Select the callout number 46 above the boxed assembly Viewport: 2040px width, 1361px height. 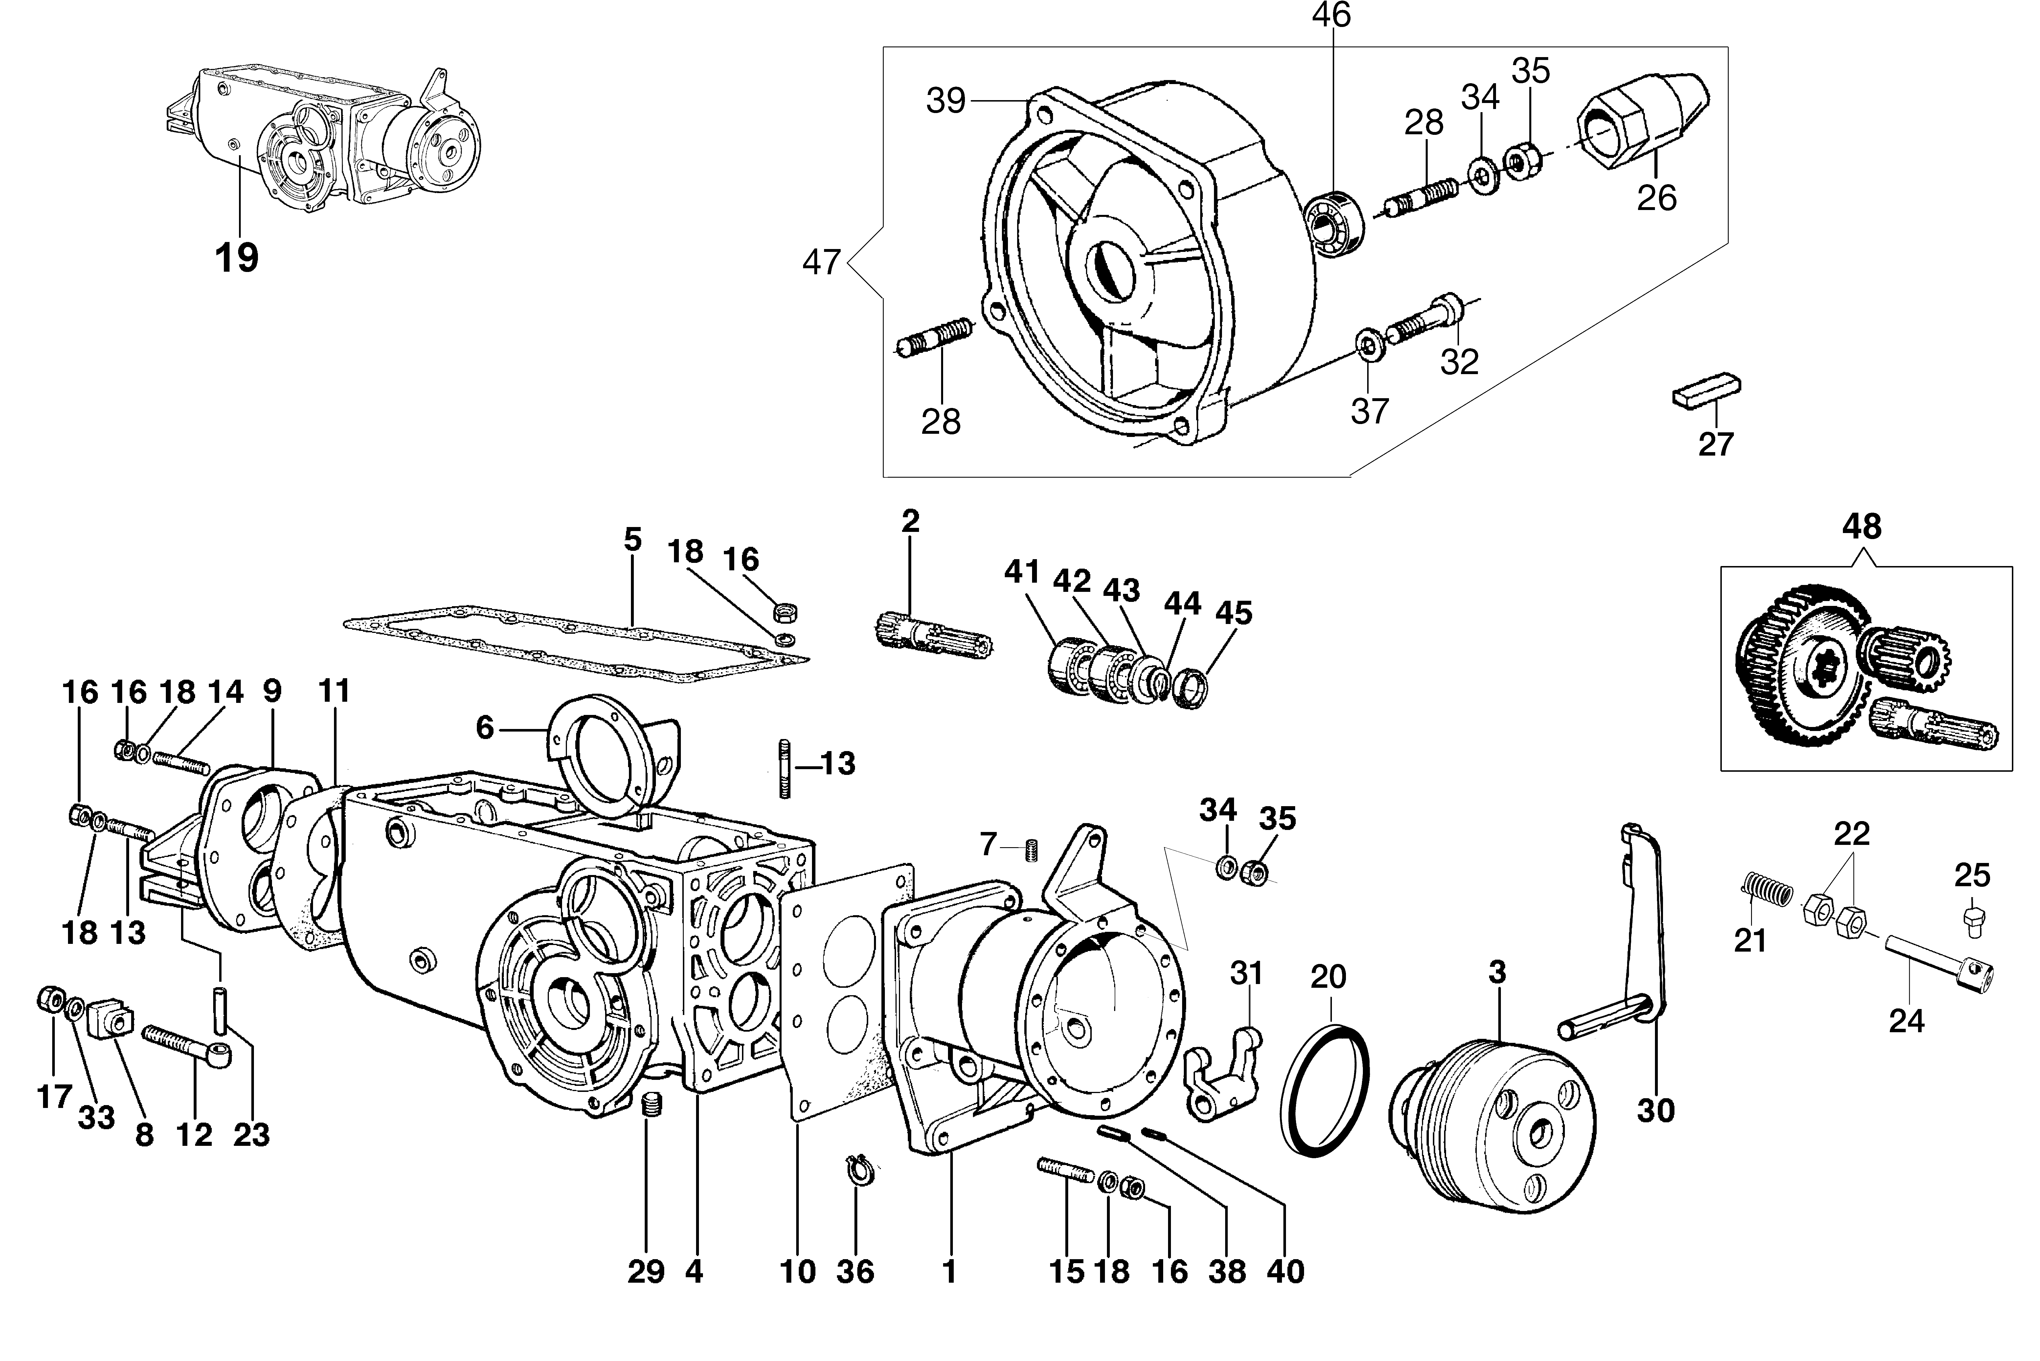click(x=1331, y=15)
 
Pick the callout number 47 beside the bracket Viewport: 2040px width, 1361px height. click(x=821, y=261)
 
